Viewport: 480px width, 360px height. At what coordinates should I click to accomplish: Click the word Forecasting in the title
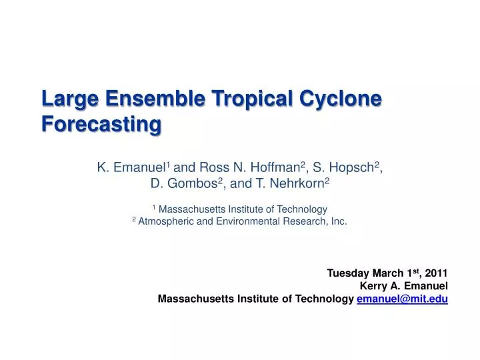[x=101, y=124]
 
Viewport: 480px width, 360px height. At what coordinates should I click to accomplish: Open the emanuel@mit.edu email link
[x=402, y=299]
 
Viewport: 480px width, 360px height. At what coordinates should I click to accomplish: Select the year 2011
[x=437, y=273]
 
